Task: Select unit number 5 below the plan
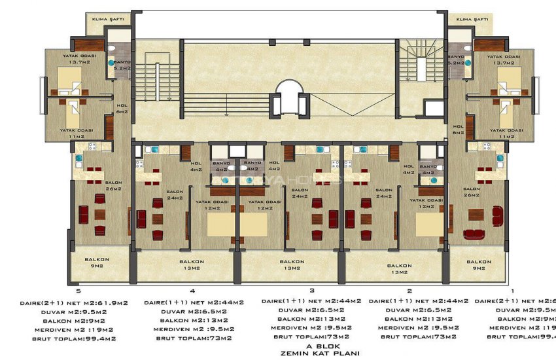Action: [x=79, y=290]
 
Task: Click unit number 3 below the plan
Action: [x=312, y=290]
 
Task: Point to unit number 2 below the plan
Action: [x=409, y=290]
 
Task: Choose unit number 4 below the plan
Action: [x=192, y=290]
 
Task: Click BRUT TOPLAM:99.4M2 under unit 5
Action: [x=79, y=338]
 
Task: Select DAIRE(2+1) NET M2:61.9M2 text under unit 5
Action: [x=79, y=303]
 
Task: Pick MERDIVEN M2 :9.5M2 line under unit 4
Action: [x=193, y=329]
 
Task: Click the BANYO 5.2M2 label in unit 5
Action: [x=122, y=65]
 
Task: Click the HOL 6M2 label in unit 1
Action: [x=457, y=129]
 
